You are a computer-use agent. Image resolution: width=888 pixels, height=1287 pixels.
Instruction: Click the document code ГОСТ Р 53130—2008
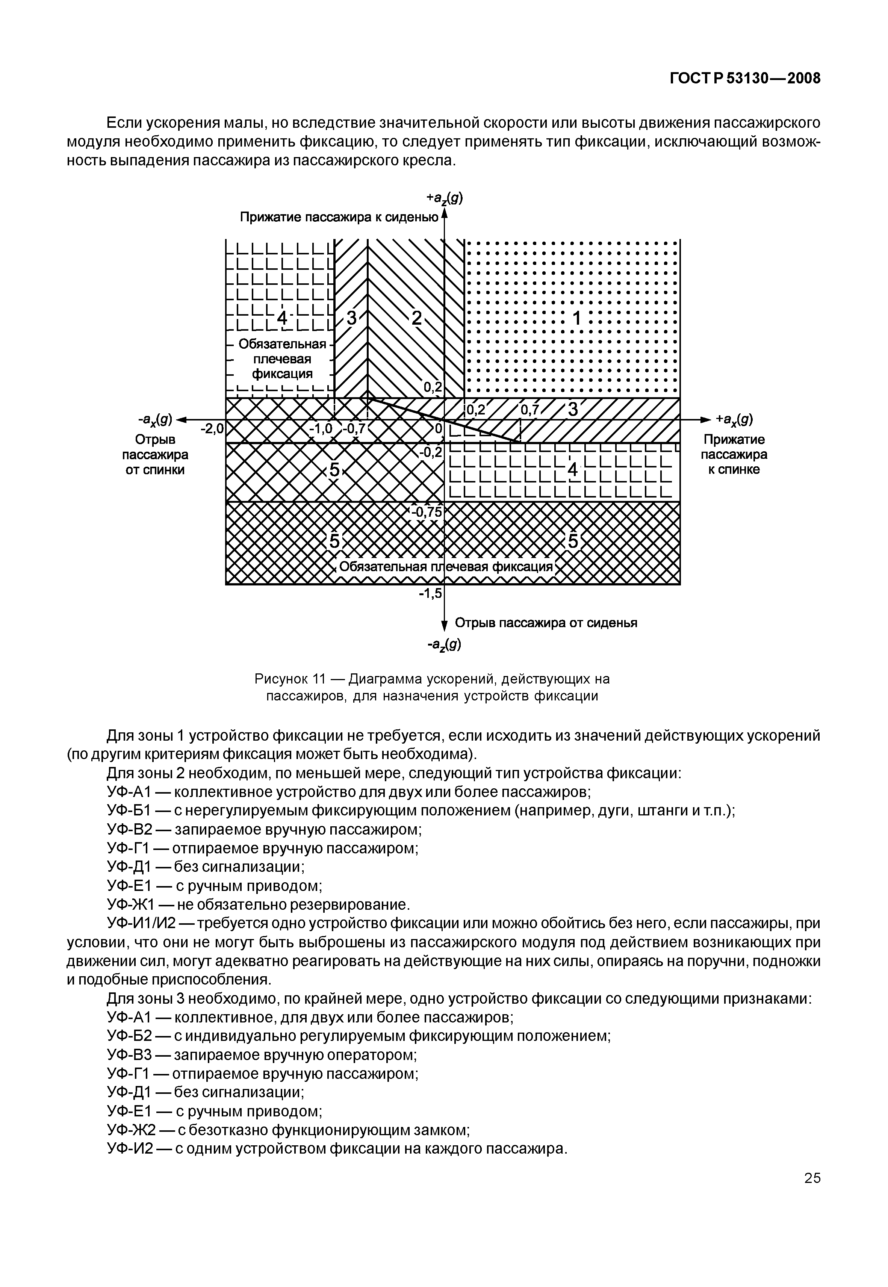tap(745, 79)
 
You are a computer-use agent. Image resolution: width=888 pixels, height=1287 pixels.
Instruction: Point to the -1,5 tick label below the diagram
tap(430, 594)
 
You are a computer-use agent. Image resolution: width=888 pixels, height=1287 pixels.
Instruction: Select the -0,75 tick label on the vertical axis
tap(426, 512)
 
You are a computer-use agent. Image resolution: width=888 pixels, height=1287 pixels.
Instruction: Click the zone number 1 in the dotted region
tap(577, 319)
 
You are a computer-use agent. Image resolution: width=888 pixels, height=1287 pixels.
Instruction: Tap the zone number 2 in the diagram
tap(416, 318)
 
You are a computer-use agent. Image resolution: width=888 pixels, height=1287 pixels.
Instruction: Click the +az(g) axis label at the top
tap(445, 198)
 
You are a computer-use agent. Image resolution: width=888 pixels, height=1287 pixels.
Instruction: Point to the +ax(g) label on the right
tap(734, 419)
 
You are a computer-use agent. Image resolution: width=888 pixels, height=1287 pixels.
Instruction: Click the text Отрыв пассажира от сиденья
tap(546, 623)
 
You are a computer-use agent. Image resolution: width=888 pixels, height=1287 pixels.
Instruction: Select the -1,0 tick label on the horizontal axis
tap(321, 428)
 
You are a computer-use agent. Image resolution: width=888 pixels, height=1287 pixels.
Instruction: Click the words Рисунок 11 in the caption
tap(289, 679)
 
